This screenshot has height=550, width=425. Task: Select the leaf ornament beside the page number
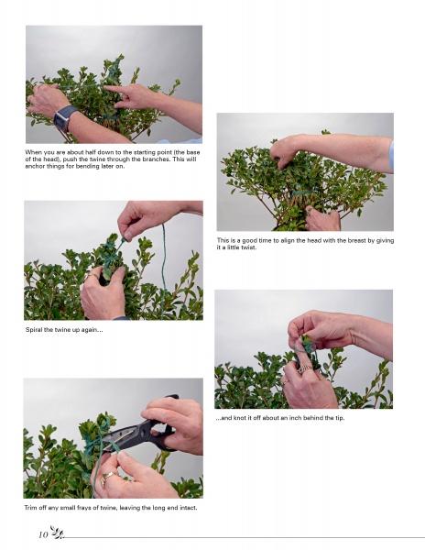[55, 533]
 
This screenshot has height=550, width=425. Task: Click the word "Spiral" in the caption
[34, 330]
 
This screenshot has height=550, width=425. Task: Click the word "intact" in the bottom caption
[185, 507]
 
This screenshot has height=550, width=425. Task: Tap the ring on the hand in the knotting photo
[300, 368]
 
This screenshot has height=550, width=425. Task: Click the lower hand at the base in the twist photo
[322, 217]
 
